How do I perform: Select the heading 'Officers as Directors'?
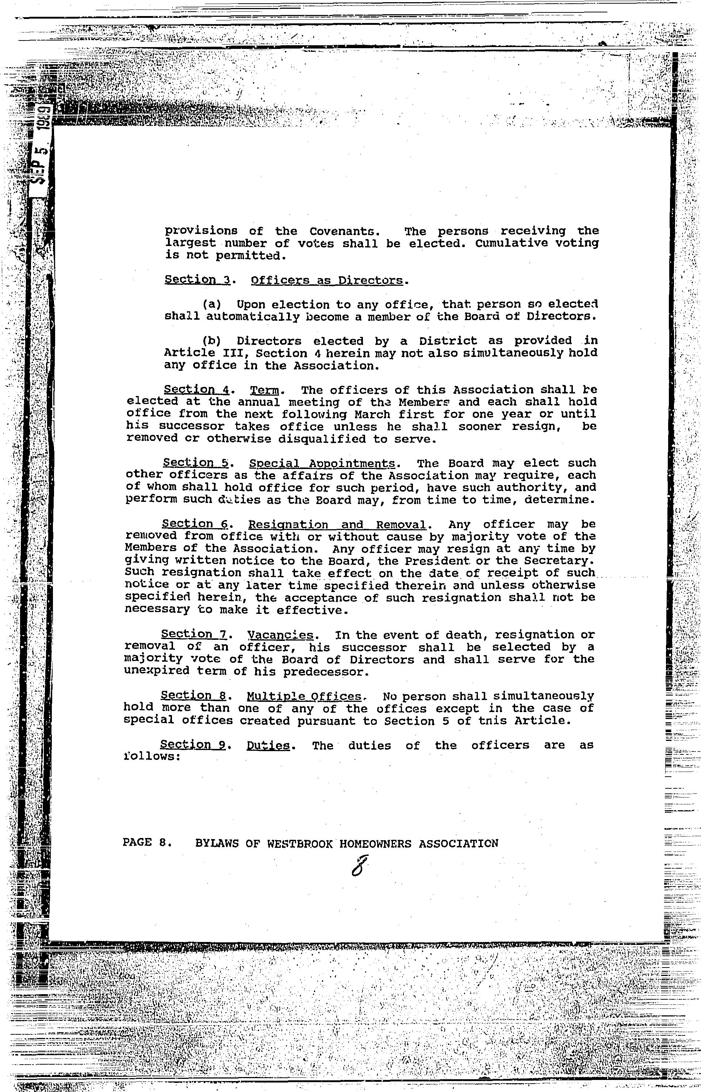(327, 280)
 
